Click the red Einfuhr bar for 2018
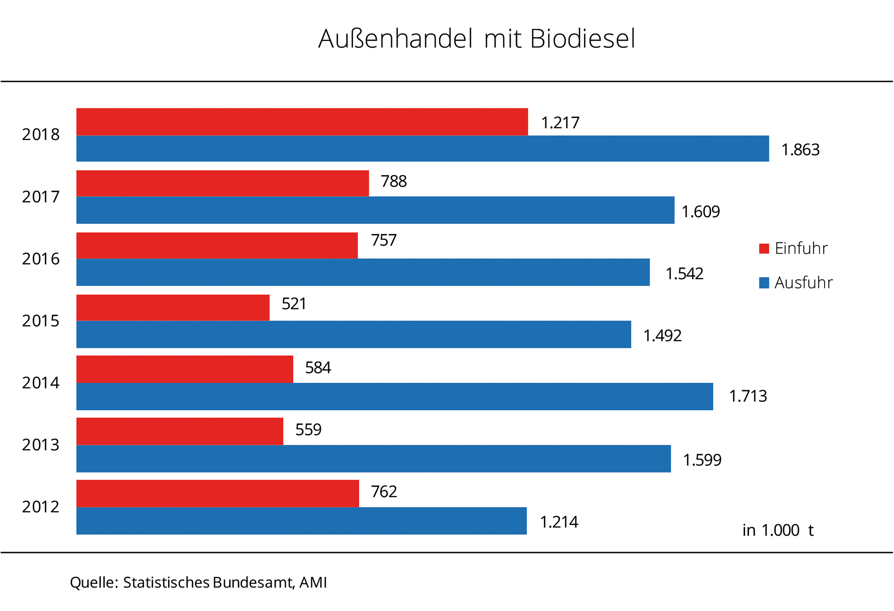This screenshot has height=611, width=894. click(x=302, y=122)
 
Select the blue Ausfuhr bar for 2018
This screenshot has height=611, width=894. click(x=423, y=149)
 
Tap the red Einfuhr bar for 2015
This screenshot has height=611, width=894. click(x=173, y=308)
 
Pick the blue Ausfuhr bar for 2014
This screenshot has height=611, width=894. click(x=395, y=396)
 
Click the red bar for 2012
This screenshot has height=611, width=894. click(x=217, y=494)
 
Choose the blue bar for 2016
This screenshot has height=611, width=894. click(x=363, y=272)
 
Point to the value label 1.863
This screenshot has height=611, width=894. click(x=800, y=150)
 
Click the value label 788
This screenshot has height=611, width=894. click(x=394, y=182)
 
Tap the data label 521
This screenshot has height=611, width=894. click(x=294, y=304)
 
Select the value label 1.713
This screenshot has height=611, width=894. click(x=748, y=396)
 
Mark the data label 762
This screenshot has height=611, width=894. click(x=384, y=492)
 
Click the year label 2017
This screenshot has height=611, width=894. click(x=41, y=197)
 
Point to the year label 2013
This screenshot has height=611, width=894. click(x=41, y=445)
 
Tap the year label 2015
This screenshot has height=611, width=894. click(x=41, y=321)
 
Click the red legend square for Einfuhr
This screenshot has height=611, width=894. click(x=764, y=249)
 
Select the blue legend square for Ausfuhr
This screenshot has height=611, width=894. click(x=764, y=283)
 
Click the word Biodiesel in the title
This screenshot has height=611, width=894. click(x=583, y=39)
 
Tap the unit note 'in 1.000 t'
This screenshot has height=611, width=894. click(x=778, y=530)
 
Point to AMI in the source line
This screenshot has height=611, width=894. click(x=313, y=583)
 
